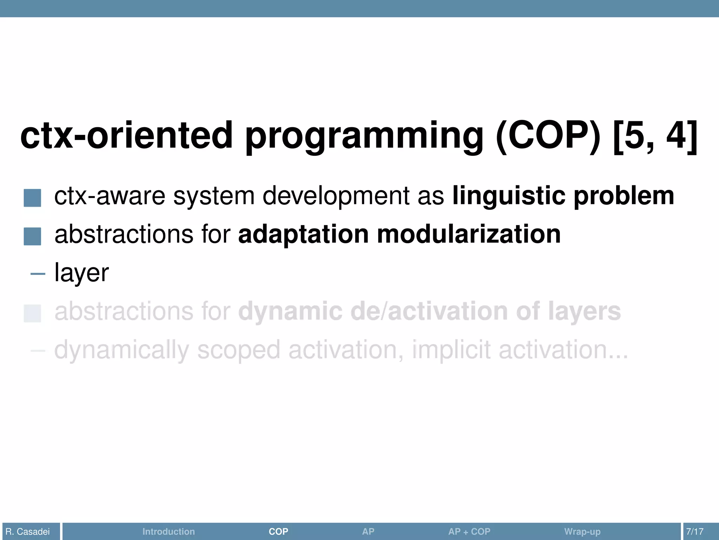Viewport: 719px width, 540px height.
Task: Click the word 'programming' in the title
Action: point(364,136)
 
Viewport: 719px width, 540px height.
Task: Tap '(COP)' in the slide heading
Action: point(548,136)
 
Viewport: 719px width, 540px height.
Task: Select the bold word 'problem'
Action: point(624,196)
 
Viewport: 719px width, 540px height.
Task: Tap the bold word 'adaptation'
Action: point(303,234)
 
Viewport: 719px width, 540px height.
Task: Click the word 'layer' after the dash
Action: point(81,273)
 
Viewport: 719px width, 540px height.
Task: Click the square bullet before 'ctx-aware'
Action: point(32,198)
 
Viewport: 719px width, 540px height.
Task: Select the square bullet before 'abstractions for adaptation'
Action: point(32,236)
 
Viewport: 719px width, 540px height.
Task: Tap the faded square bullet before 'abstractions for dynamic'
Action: point(32,313)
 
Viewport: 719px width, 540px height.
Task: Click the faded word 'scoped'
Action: point(238,350)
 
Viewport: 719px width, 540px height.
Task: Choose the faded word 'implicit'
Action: point(451,350)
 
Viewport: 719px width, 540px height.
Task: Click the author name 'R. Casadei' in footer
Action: point(28,531)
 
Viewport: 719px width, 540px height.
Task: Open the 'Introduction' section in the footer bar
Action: point(169,531)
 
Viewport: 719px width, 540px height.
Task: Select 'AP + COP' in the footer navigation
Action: point(469,531)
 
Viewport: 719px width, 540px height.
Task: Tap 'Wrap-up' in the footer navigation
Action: point(582,531)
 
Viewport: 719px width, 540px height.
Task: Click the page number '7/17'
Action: point(694,531)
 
